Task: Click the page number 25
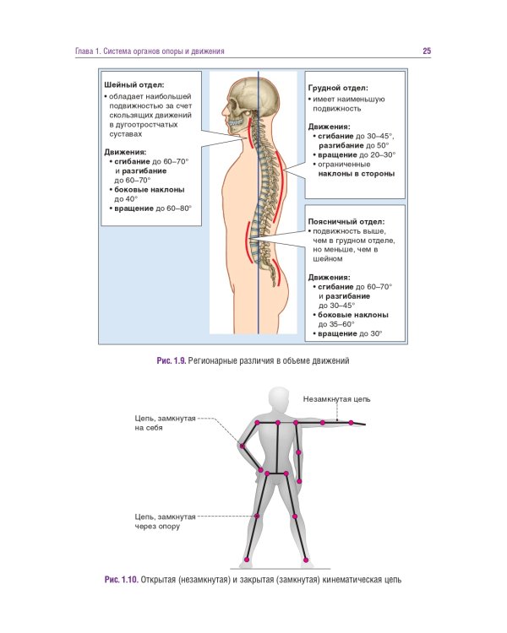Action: point(427,51)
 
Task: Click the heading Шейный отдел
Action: point(134,85)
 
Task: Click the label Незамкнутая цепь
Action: point(336,398)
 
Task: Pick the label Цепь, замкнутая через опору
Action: point(165,521)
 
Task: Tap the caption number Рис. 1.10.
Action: point(121,580)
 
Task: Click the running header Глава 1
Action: point(88,51)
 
